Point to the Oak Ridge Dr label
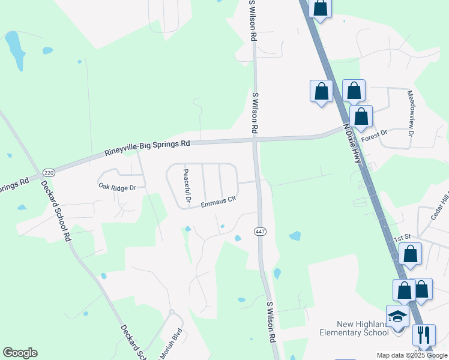pyautogui.click(x=118, y=187)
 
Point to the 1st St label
pyautogui.click(x=401, y=239)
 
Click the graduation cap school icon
pyautogui.click(x=397, y=316)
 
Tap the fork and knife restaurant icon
pyautogui.click(x=424, y=334)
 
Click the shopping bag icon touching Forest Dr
pyautogui.click(x=361, y=116)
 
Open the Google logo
pyautogui.click(x=20, y=353)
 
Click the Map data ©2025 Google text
pyautogui.click(x=412, y=355)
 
